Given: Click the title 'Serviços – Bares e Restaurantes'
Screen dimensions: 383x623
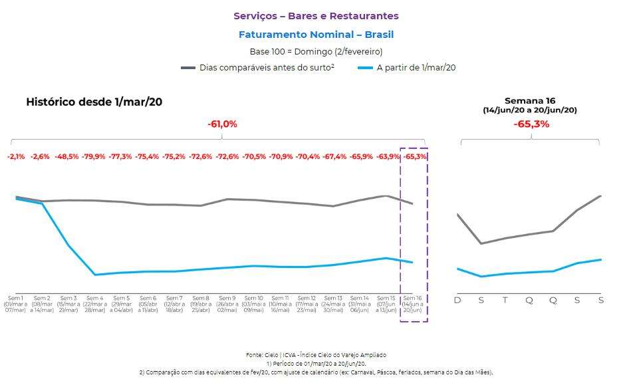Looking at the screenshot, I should pyautogui.click(x=316, y=16).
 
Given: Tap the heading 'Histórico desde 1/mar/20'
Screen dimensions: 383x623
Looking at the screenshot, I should pyautogui.click(x=94, y=102).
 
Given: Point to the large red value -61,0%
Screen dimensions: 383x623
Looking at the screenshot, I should pyautogui.click(x=222, y=124).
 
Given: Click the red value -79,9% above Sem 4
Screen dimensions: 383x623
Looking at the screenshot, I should pyautogui.click(x=94, y=157).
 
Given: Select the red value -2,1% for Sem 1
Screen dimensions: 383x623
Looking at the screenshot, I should pyautogui.click(x=16, y=157).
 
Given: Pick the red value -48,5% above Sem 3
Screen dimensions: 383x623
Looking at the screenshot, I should pyautogui.click(x=68, y=157).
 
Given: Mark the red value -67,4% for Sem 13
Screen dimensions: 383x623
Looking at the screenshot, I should pyautogui.click(x=334, y=157).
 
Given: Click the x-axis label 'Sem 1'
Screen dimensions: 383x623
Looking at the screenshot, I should pyautogui.click(x=15, y=298).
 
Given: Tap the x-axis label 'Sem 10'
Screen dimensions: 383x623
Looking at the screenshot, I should pyautogui.click(x=254, y=298).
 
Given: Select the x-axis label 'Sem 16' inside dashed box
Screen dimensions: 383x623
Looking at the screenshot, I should pyautogui.click(x=413, y=298).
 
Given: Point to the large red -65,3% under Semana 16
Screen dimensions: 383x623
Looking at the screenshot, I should pyautogui.click(x=531, y=124).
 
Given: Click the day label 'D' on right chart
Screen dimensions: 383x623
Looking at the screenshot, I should pyautogui.click(x=457, y=301).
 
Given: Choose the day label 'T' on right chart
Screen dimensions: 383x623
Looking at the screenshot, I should pyautogui.click(x=505, y=301).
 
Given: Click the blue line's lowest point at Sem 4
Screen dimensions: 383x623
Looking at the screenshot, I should pyautogui.click(x=95, y=275).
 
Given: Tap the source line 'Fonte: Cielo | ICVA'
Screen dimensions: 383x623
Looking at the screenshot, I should pyautogui.click(x=316, y=355).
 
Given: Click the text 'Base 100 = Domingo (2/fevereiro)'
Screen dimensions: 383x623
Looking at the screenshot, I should pyautogui.click(x=316, y=51).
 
